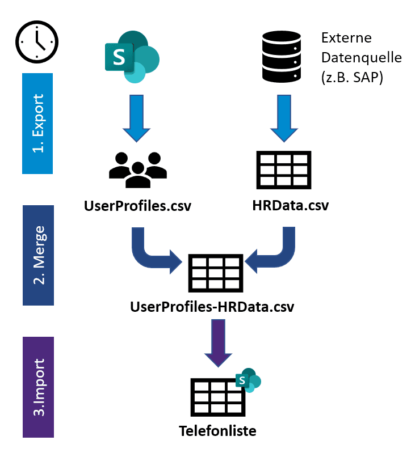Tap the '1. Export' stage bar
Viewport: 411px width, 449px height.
(37, 123)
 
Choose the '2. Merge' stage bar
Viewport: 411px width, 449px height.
(37, 255)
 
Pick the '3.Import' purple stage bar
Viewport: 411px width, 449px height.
(37, 387)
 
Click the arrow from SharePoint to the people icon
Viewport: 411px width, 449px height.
(137, 120)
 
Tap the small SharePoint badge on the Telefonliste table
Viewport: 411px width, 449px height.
(248, 380)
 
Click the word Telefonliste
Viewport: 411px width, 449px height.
(217, 431)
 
